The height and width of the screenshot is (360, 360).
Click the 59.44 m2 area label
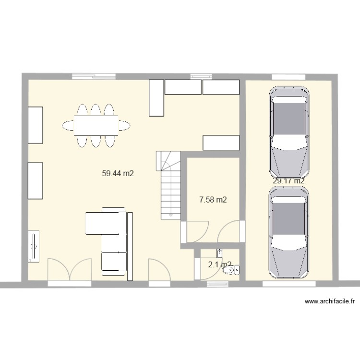click(x=118, y=174)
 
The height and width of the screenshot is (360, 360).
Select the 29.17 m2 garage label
click(x=288, y=181)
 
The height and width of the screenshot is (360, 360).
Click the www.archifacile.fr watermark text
click(x=330, y=302)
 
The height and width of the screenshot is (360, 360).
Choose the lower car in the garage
click(x=289, y=232)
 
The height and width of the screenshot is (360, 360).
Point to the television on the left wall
click(x=34, y=247)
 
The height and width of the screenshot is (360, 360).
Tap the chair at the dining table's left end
click(x=68, y=126)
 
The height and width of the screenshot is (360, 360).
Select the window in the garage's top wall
click(x=288, y=76)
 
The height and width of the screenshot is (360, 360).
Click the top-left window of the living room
click(x=94, y=76)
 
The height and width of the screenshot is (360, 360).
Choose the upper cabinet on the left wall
click(x=36, y=125)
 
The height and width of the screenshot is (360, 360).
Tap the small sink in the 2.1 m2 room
click(x=220, y=251)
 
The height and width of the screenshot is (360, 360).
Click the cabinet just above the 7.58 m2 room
click(x=221, y=143)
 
